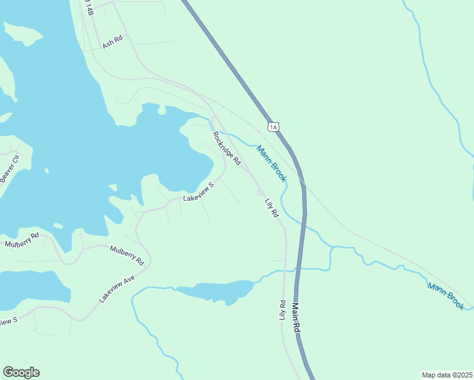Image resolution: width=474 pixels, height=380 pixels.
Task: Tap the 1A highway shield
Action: (273, 127)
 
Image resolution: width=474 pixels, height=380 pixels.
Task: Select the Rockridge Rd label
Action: (227, 148)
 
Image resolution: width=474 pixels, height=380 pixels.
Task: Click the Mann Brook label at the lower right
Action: (445, 296)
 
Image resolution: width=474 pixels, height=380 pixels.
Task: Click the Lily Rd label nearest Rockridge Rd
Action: (271, 207)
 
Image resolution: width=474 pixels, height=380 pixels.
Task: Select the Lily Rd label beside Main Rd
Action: (283, 310)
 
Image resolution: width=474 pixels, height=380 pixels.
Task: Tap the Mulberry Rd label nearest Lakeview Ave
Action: (127, 254)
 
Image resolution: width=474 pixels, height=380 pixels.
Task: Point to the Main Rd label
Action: (295, 318)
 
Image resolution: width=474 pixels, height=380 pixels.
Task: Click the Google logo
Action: (21, 372)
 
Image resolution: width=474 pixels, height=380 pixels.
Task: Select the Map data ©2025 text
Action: (447, 375)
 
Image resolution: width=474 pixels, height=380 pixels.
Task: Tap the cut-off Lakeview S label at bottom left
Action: (8, 322)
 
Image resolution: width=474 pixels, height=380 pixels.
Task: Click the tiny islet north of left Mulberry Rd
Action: (58, 225)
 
